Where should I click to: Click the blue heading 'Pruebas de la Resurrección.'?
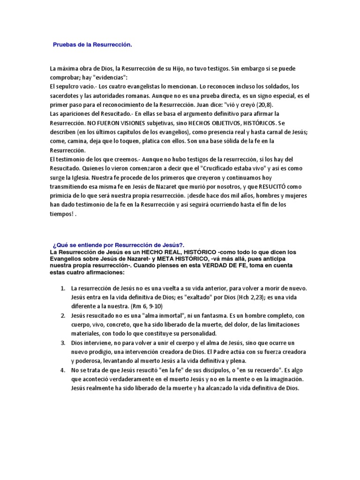pyautogui.click(x=92, y=45)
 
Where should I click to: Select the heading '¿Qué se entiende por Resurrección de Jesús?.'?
pyautogui.click(x=119, y=245)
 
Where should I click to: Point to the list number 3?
pyautogui.click(x=62, y=343)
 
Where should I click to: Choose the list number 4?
pyautogui.click(x=62, y=370)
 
